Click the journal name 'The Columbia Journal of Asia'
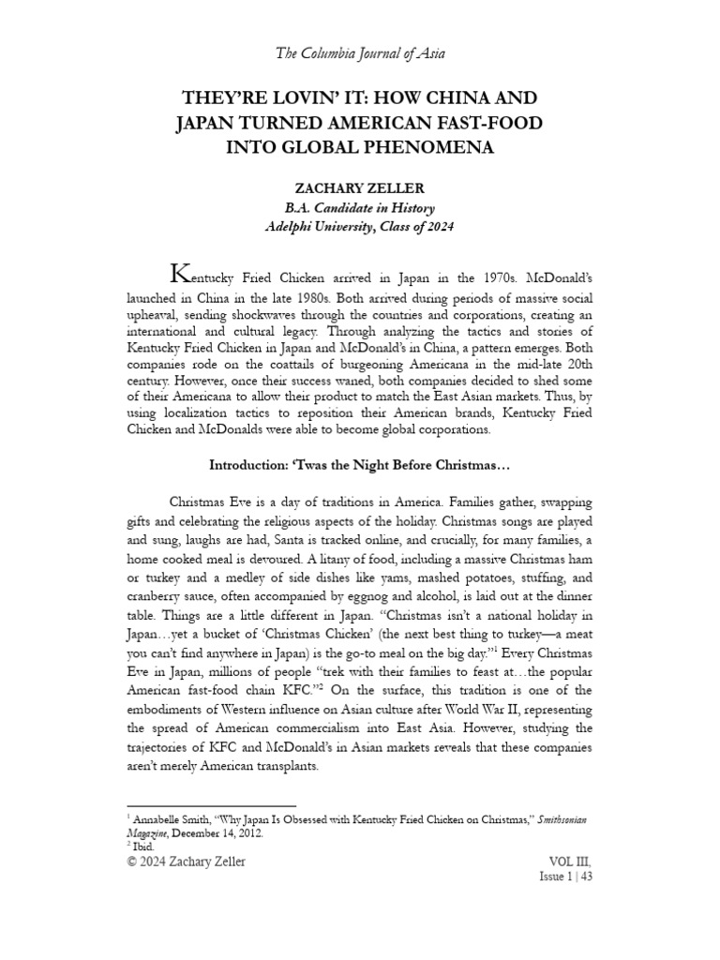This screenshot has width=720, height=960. pos(360,53)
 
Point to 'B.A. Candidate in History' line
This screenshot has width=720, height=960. pos(360,207)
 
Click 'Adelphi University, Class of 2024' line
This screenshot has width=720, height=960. pos(360,227)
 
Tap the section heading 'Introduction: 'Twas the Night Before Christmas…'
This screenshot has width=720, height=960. pos(360,464)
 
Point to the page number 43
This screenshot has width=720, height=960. pos(586,877)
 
